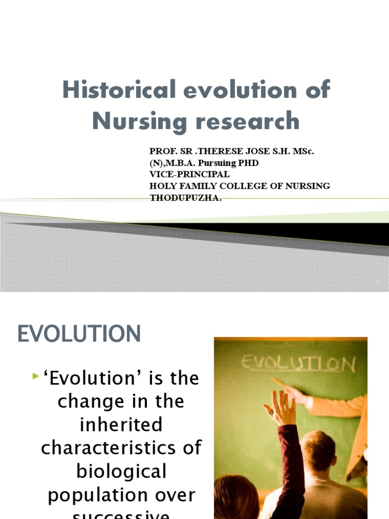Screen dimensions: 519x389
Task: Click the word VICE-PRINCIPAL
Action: [x=189, y=174]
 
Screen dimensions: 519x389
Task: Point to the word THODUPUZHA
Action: [x=186, y=198]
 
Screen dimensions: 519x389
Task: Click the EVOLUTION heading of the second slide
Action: [x=80, y=335]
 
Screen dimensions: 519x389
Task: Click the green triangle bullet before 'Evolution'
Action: [x=35, y=376]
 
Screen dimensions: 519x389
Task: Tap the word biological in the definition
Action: [x=121, y=471]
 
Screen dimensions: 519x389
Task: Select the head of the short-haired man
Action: [x=318, y=451]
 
